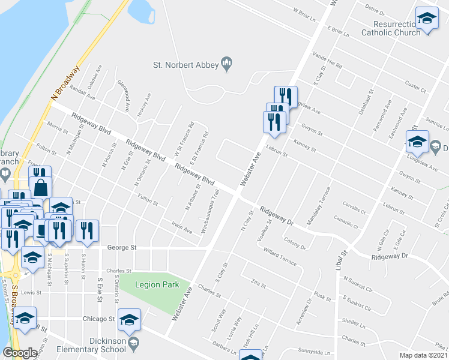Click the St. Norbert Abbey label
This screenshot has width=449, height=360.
[185, 65]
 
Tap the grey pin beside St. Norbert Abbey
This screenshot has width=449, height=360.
[228, 64]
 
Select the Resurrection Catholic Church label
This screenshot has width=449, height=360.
[391, 28]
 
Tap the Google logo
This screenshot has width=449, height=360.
[19, 353]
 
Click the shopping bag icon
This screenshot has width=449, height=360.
[40, 187]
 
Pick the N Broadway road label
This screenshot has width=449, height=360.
[65, 82]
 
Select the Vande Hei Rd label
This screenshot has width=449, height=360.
[327, 60]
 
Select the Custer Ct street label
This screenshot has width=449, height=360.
[415, 87]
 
